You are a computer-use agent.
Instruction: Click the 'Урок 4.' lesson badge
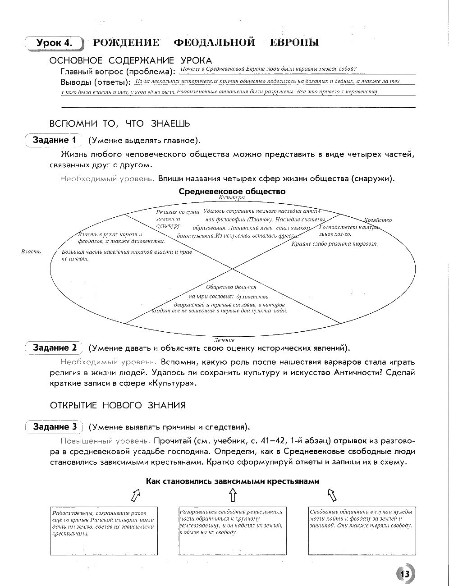pos(55,43)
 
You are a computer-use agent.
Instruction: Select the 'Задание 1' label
pos(54,140)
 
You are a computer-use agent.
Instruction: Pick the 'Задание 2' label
pos(55,348)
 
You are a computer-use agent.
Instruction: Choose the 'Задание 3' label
pos(55,426)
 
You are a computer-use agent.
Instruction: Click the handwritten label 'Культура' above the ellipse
pos(231,197)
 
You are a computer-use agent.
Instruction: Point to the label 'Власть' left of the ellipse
pos(31,251)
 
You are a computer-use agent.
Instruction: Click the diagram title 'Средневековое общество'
pos(232,191)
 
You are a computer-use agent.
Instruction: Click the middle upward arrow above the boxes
pos(232,495)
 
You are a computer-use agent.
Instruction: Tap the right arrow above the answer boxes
pos(331,495)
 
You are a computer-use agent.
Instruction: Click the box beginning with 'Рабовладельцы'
pos(104,531)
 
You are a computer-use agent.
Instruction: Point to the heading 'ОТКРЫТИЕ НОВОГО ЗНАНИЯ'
pos(118,405)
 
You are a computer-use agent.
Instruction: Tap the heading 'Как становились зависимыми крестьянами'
pos(232,481)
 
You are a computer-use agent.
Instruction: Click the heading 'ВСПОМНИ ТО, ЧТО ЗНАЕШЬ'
pos(119,124)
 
